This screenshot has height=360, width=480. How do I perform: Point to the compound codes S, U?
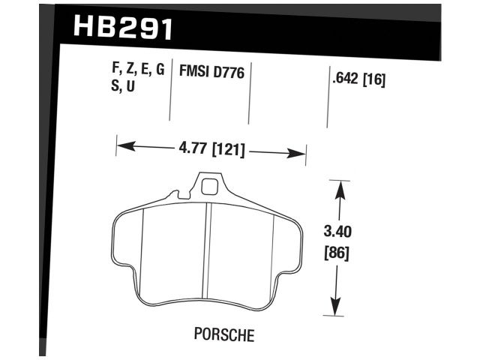(124, 86)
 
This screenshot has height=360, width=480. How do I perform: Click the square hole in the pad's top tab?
(211, 184)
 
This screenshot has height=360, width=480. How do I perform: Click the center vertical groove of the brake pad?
(208, 251)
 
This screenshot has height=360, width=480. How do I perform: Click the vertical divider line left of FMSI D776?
(172, 88)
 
